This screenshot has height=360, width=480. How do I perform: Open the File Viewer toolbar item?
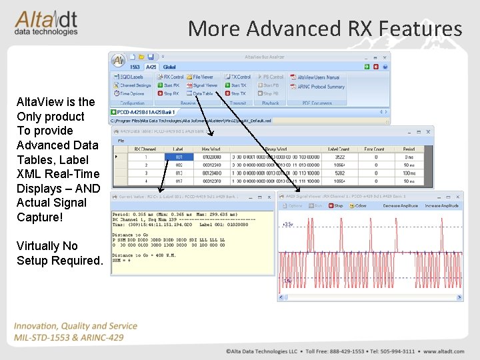(x=201, y=77)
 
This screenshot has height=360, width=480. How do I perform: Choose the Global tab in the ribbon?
(x=169, y=67)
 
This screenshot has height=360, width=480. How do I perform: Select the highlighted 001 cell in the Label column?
(x=179, y=157)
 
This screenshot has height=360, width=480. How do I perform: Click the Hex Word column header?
(x=211, y=149)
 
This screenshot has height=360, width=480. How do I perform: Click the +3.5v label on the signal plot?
(x=288, y=225)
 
